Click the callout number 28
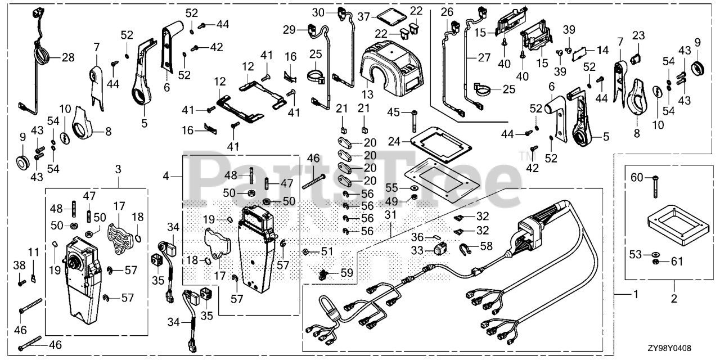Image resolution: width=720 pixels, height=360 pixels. click(68, 57)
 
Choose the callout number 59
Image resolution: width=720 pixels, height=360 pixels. click(346, 274)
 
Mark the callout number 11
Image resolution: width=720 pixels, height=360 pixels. click(602, 50)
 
